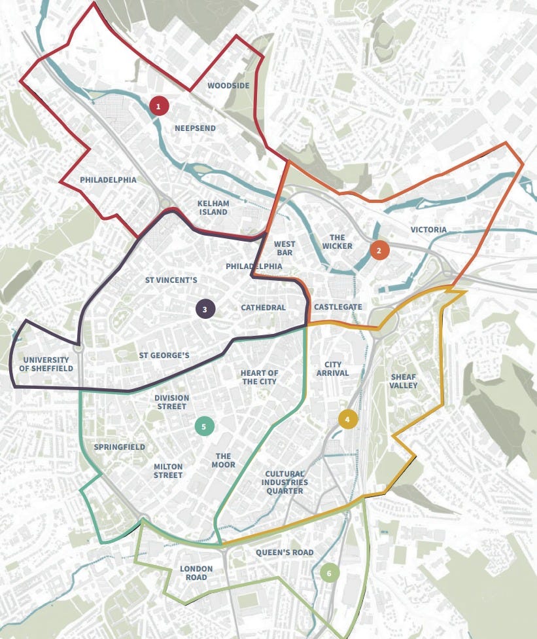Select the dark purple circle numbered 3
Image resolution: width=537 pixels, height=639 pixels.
[205, 309]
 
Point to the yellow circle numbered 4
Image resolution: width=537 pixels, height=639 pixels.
[348, 420]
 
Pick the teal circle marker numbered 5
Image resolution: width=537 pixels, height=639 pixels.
[204, 426]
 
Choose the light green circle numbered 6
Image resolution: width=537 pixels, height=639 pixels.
[329, 574]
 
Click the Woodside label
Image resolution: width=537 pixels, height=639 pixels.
[228, 86]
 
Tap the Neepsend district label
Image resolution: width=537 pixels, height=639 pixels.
[195, 128]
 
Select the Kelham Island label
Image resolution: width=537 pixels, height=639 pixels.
[213, 208]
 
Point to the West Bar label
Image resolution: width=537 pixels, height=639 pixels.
[285, 248]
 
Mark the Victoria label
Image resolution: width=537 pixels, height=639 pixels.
[428, 230]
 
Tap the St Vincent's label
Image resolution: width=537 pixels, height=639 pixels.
[171, 280]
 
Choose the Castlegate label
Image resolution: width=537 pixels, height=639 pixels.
[338, 307]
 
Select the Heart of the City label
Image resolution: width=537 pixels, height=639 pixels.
[260, 377]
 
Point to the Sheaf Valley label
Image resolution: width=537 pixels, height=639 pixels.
[404, 381]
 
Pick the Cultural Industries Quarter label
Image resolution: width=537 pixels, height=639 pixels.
[285, 483]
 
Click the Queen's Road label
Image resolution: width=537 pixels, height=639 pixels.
[285, 553]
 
